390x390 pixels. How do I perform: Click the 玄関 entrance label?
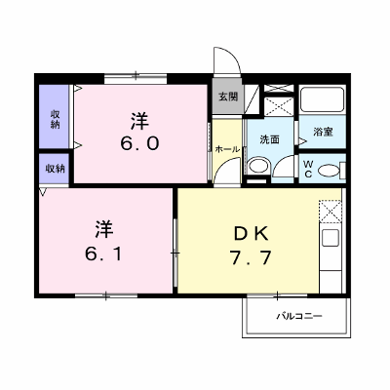click(228, 97)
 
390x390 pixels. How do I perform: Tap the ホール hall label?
click(227, 149)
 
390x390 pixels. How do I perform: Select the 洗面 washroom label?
click(269, 139)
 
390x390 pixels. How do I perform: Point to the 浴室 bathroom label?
click(323, 132)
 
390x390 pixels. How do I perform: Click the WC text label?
click(308, 170)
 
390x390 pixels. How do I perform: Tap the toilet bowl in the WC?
click(329, 171)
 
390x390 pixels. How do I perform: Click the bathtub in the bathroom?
click(322, 99)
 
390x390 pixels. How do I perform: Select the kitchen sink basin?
click(331, 238)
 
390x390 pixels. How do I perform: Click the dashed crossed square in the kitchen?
click(331, 212)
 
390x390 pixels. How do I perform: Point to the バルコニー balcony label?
click(299, 316)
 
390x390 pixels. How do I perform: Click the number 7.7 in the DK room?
click(251, 258)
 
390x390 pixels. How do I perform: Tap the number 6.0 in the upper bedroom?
click(139, 143)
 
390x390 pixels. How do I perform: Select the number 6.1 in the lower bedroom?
click(104, 253)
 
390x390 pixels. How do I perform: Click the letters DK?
click(252, 234)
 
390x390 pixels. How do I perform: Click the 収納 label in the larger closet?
click(55, 119)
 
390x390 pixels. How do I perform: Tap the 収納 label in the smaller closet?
click(55, 169)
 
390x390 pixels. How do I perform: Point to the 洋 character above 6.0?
click(139, 121)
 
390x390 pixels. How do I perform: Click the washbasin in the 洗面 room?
click(258, 166)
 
